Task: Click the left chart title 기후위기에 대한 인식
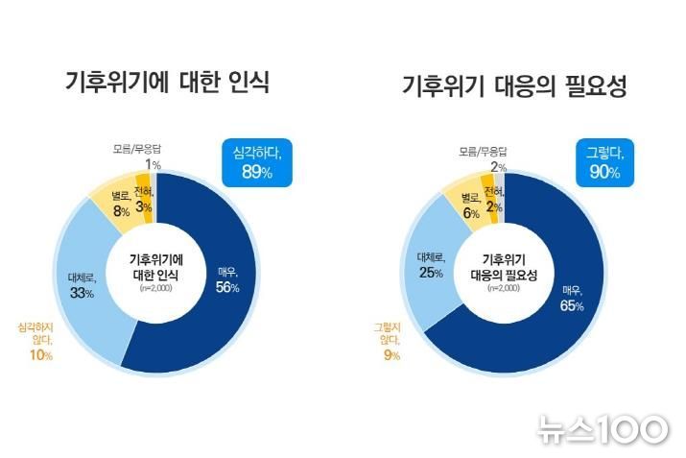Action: coord(167,84)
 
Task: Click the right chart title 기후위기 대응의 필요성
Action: coord(514,88)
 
